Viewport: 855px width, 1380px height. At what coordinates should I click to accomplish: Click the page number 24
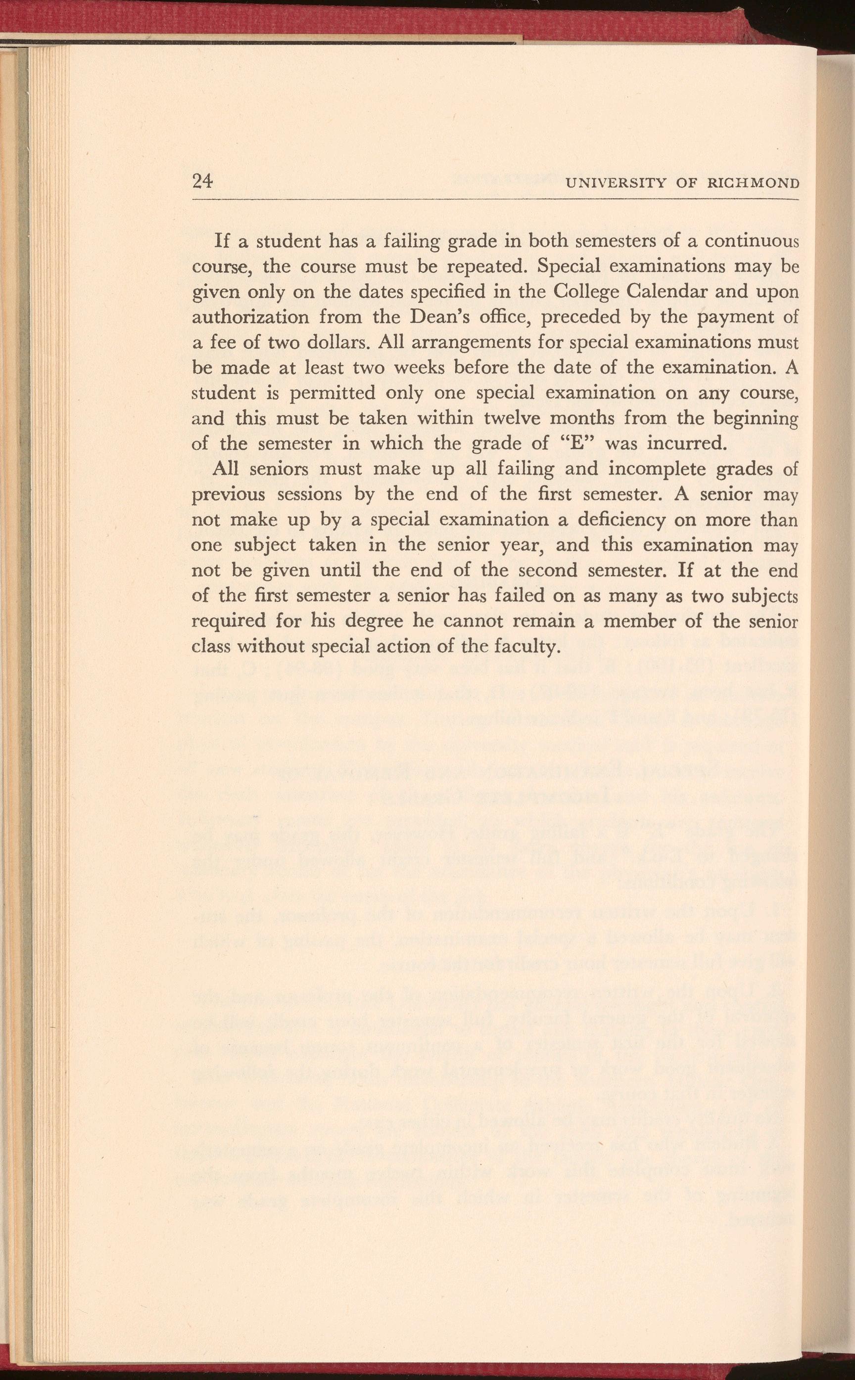[x=202, y=181]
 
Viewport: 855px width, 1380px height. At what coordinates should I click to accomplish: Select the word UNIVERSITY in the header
[x=617, y=183]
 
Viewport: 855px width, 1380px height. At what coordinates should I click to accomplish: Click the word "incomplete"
[x=657, y=469]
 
